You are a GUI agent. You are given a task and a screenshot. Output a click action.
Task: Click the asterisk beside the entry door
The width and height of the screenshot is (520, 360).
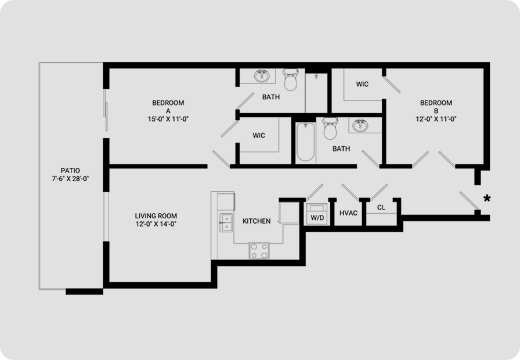(x=487, y=199)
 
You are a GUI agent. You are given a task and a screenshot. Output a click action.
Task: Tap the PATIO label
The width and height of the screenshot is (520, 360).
(x=70, y=171)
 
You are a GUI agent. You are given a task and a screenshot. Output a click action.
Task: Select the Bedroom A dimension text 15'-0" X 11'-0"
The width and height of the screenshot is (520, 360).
(x=168, y=119)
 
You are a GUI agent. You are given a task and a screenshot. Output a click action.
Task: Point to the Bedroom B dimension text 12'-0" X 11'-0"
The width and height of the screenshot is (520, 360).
(x=436, y=119)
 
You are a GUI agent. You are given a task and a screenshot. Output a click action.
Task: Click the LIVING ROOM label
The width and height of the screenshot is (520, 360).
(x=156, y=215)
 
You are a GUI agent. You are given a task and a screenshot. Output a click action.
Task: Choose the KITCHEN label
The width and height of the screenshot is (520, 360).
(x=257, y=221)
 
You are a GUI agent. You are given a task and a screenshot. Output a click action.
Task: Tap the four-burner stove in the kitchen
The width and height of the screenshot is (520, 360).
(x=259, y=250)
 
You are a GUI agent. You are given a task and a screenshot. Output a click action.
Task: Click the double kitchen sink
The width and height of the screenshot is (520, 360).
(x=226, y=222)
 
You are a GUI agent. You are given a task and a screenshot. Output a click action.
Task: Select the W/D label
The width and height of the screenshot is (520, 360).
(x=317, y=218)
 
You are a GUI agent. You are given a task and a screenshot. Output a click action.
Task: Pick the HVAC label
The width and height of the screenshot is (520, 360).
(x=349, y=213)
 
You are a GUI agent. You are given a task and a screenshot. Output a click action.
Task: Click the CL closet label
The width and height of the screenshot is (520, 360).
(x=381, y=208)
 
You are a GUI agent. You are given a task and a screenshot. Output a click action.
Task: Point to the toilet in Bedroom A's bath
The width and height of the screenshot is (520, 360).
(x=291, y=80)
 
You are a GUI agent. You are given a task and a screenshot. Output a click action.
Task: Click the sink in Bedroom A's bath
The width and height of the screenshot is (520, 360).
(x=262, y=76)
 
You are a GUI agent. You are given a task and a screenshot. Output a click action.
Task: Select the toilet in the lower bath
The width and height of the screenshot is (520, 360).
(x=330, y=128)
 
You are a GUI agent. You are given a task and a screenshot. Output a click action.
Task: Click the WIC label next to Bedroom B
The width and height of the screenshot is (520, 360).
(x=362, y=84)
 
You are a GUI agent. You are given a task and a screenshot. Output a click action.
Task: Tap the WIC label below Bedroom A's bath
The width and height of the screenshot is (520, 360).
(x=259, y=135)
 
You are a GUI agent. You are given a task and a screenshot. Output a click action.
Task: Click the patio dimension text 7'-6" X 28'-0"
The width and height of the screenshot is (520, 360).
(x=70, y=179)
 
